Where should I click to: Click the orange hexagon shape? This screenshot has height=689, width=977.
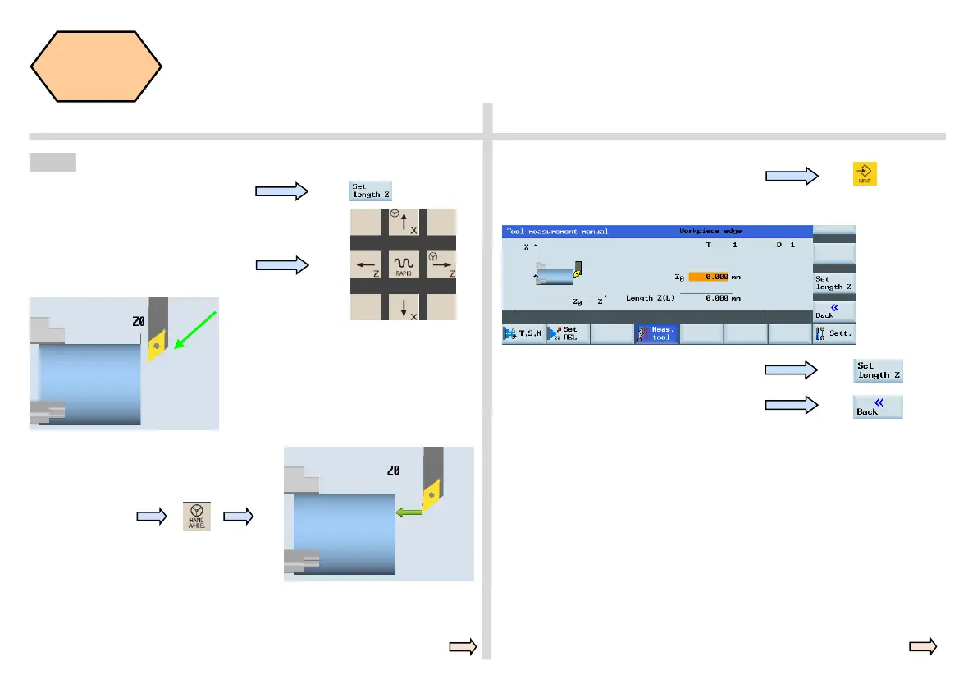(96, 67)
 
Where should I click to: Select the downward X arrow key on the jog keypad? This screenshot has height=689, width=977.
(404, 307)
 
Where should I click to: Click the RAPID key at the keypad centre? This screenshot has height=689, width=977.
(404, 264)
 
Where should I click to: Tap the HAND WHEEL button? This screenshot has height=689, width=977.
(197, 516)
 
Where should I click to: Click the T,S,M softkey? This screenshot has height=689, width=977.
(523, 333)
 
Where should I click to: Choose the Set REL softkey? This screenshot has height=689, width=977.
(568, 333)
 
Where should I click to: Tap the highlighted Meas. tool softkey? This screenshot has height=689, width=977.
(656, 333)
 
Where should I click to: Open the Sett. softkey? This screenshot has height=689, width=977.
(834, 333)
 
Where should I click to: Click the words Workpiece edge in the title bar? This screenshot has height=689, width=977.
(710, 232)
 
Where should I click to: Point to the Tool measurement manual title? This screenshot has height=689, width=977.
(558, 232)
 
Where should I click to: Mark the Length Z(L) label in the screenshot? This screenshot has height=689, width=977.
(651, 297)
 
